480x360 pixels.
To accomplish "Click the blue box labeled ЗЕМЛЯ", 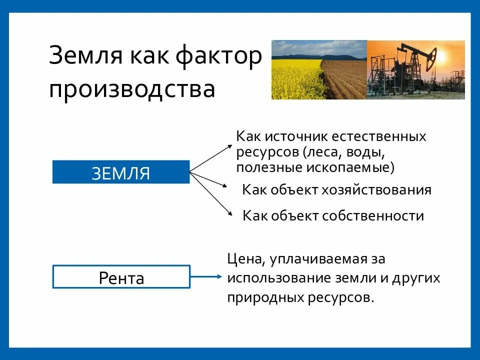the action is click(x=121, y=172).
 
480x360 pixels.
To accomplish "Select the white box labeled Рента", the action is click(x=121, y=277).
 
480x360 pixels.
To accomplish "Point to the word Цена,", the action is click(x=245, y=259).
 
